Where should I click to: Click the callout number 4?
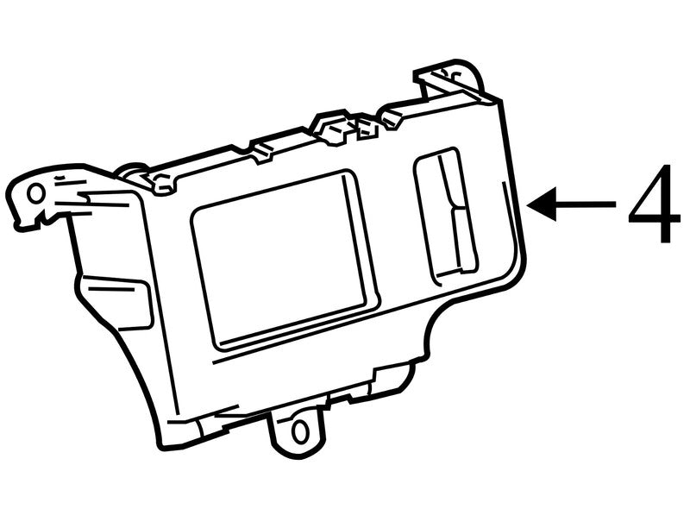point(655,204)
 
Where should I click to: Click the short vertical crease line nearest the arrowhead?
point(502,194)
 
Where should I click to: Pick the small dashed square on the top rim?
point(367,129)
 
